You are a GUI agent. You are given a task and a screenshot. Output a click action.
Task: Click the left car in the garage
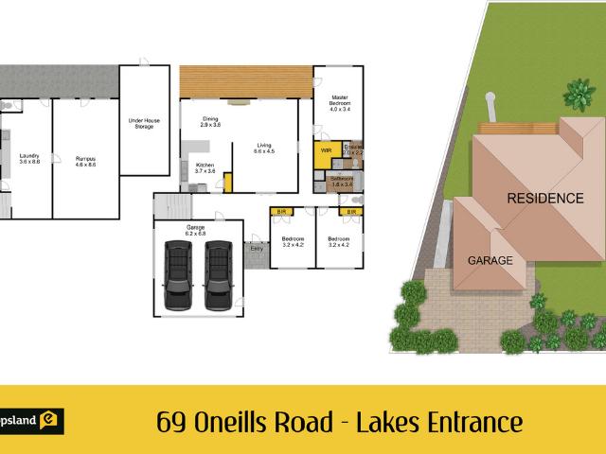tap(179, 273)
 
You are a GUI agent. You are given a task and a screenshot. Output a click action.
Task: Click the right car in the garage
tap(218, 273)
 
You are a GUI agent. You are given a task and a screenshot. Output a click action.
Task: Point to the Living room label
tap(263, 148)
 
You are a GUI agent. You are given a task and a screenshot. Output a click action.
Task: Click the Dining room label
tap(210, 122)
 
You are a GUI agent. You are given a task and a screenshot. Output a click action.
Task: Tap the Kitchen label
tap(205, 167)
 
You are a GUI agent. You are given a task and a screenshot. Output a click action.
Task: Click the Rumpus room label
tap(85, 162)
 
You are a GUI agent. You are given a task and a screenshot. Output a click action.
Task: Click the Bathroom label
tap(341, 181)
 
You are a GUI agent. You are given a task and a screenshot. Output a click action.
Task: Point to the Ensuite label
tap(352, 149)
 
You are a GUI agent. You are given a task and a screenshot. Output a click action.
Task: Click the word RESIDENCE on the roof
tap(544, 199)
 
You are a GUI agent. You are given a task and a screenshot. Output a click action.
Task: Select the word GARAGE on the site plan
tap(490, 259)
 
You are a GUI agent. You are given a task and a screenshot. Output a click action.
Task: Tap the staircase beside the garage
tap(172, 207)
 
